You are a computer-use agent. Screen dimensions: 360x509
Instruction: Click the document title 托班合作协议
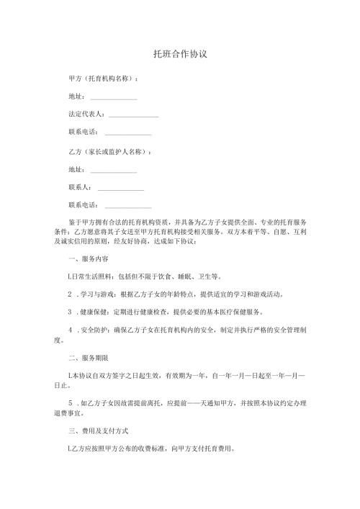point(180,55)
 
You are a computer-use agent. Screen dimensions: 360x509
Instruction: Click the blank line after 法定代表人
point(133,115)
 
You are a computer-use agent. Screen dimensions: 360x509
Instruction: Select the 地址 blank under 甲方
point(113,97)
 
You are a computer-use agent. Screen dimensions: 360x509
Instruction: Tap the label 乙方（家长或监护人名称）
point(109,153)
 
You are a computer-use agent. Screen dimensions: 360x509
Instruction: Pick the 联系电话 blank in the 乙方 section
point(128,207)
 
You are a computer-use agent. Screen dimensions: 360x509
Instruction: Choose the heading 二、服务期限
point(88,358)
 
